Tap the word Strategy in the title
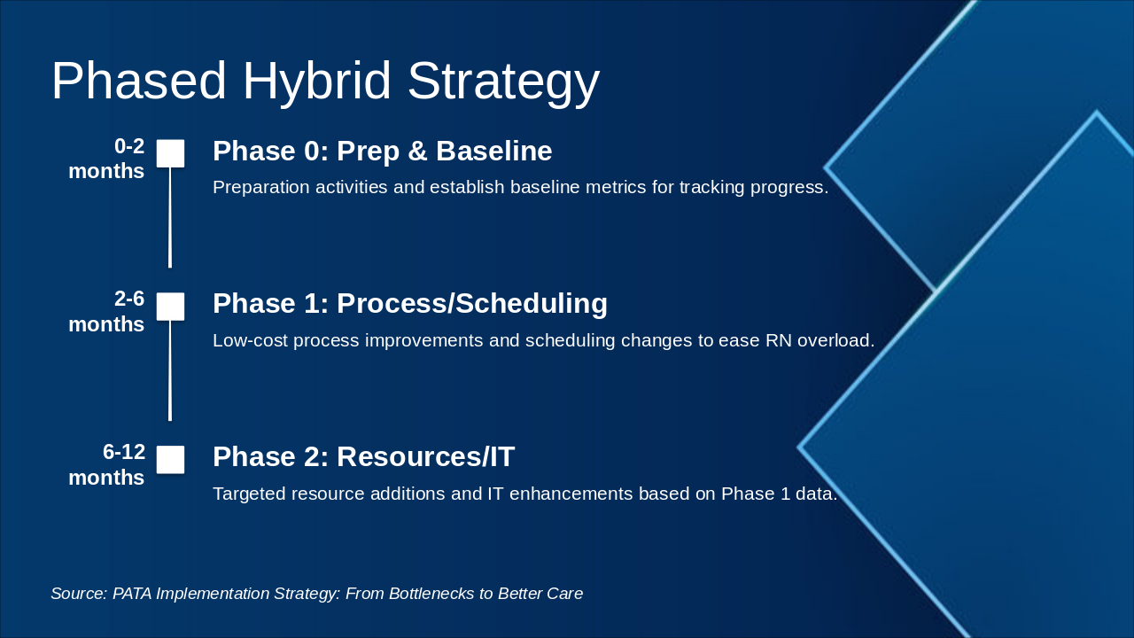(504, 83)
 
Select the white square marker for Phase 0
(170, 153)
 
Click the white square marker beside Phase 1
(170, 307)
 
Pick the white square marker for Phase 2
(170, 460)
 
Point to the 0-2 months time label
(106, 159)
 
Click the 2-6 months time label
(106, 311)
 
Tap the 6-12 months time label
(106, 465)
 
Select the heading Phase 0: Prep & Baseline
(382, 152)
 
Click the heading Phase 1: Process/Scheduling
(410, 304)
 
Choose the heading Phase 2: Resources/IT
(363, 456)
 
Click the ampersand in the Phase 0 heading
(417, 151)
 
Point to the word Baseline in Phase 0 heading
(494, 151)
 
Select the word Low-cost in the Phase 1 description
(250, 341)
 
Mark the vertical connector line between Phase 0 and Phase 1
(170, 218)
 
